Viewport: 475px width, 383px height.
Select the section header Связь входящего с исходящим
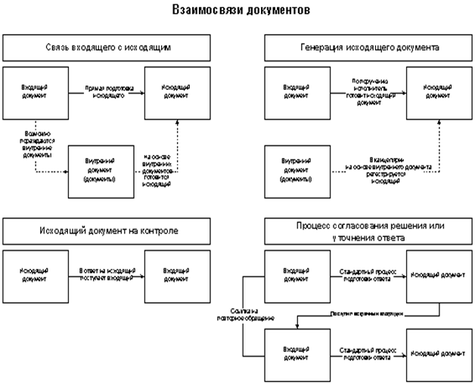104,48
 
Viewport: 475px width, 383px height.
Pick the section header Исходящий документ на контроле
104,230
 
